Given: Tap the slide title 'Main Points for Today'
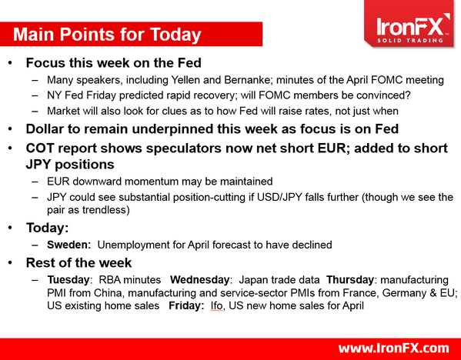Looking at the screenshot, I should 108,35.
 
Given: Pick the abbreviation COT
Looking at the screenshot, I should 42,148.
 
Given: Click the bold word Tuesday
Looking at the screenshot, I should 70,279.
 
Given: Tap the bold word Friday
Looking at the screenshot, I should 186,307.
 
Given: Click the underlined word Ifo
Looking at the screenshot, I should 218,307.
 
